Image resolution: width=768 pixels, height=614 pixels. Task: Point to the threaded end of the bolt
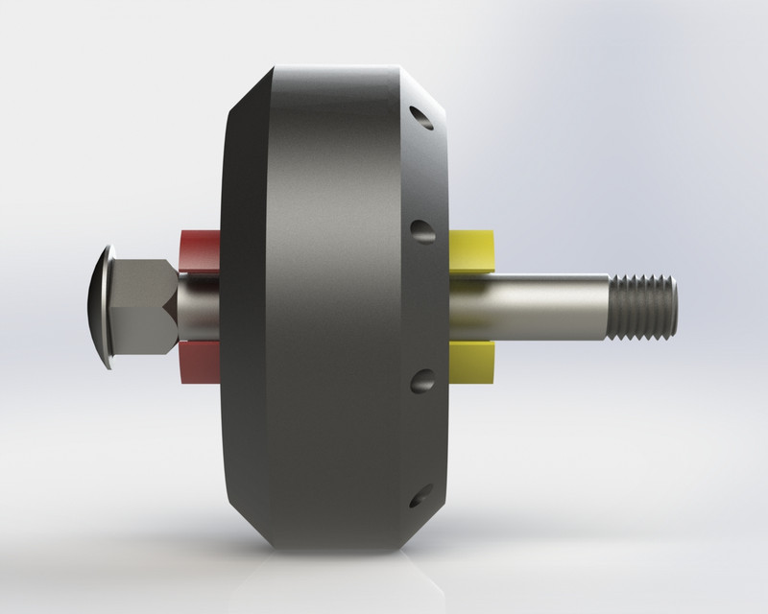click(644, 306)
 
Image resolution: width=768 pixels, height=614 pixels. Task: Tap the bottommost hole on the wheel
click(420, 496)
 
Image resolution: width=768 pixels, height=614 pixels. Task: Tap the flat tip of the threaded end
click(674, 306)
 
